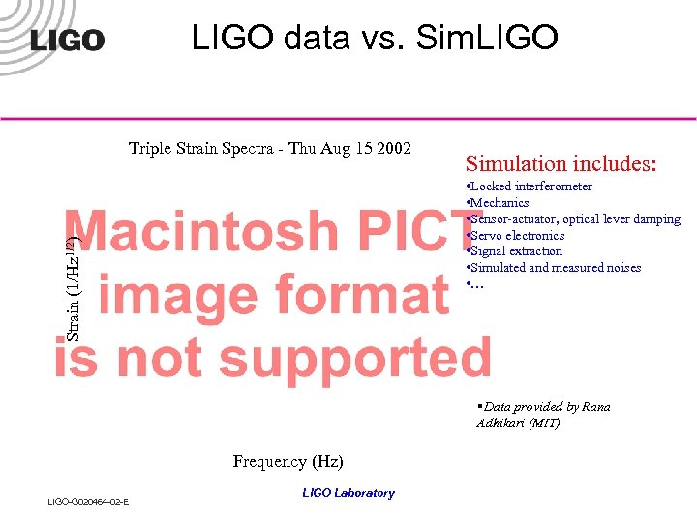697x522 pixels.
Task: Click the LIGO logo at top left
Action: (x=67, y=40)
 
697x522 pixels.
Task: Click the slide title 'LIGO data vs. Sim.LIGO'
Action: (x=375, y=38)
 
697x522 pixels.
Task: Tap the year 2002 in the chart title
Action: (x=392, y=149)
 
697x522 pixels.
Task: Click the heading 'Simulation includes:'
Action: (x=561, y=163)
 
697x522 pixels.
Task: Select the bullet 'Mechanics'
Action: (x=499, y=203)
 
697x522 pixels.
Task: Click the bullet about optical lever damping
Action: (x=575, y=219)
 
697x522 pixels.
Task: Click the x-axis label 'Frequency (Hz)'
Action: (x=288, y=462)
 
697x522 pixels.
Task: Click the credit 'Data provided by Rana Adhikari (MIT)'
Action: (x=543, y=415)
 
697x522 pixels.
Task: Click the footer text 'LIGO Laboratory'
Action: (x=348, y=493)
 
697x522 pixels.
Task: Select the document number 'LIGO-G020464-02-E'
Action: (x=89, y=501)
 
